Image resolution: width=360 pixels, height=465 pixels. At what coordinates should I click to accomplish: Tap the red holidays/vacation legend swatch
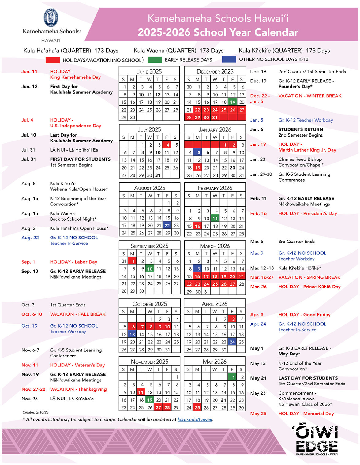click(x=52, y=60)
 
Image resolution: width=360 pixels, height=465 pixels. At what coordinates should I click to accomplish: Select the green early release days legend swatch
click(x=155, y=60)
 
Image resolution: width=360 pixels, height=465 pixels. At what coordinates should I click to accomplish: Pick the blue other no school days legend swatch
click(x=229, y=59)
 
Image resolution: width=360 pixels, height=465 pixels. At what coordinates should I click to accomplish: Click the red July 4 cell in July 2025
click(x=167, y=145)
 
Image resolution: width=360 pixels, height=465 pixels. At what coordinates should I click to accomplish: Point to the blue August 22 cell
click(x=167, y=225)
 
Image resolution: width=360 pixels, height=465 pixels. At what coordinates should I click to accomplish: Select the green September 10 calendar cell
click(x=150, y=269)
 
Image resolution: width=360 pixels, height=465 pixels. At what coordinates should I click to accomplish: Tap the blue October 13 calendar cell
click(x=132, y=334)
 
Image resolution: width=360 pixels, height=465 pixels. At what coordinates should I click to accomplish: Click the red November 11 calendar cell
click(x=141, y=392)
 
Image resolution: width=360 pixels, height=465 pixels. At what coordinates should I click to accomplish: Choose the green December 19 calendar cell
click(x=233, y=102)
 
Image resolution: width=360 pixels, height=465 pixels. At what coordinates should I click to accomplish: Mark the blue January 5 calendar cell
click(x=199, y=152)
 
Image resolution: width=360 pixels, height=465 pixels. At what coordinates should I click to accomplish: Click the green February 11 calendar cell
click(x=215, y=218)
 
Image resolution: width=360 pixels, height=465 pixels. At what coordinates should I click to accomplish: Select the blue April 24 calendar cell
click(x=232, y=342)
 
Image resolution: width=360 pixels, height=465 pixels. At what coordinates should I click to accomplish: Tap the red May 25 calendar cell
click(x=197, y=407)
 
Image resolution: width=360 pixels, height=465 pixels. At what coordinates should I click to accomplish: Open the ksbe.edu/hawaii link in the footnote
click(x=195, y=419)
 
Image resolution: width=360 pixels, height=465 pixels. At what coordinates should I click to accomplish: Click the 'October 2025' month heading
click(x=149, y=304)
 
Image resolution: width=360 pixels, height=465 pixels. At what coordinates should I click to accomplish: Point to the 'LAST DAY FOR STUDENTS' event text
click(x=308, y=378)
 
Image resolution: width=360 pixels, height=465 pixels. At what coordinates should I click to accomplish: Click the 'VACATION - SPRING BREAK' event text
click(x=309, y=277)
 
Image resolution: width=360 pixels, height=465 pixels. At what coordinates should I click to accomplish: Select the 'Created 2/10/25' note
click(x=36, y=412)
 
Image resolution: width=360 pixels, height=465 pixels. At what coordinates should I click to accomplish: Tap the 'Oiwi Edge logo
click(x=317, y=439)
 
